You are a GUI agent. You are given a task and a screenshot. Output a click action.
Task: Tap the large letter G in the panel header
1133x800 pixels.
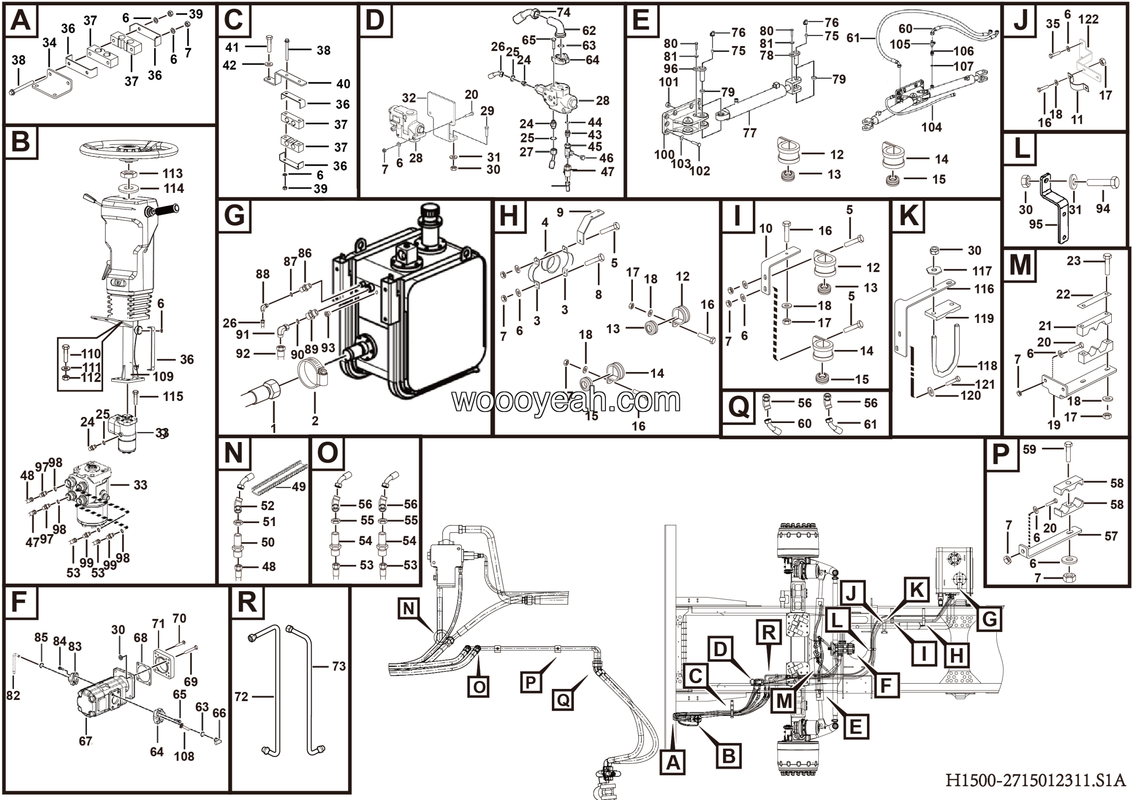click(234, 216)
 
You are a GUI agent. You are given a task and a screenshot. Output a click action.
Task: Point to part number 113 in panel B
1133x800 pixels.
click(173, 173)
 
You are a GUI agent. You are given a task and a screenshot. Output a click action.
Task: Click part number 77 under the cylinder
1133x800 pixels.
click(750, 133)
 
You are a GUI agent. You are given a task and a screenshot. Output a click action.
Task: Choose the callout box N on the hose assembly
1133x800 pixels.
click(408, 609)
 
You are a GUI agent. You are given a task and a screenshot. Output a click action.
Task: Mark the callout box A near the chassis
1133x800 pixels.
click(673, 763)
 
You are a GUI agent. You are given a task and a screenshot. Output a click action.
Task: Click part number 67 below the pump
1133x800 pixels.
click(85, 741)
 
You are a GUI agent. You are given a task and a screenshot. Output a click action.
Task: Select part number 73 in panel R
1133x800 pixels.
click(339, 666)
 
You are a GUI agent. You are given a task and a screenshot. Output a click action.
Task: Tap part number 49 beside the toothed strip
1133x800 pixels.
click(299, 487)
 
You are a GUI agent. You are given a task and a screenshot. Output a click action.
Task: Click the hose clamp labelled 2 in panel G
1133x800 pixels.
click(314, 377)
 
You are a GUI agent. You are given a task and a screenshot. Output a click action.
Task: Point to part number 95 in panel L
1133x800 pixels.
click(1036, 224)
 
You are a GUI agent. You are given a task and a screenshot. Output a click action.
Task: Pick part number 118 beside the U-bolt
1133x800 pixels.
click(987, 365)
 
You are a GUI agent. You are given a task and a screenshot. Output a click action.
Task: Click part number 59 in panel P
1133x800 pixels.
click(1029, 449)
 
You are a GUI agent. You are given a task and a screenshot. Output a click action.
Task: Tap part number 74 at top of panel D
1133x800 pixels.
click(563, 12)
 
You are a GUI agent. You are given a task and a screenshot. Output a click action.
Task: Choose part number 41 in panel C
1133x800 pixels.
click(232, 47)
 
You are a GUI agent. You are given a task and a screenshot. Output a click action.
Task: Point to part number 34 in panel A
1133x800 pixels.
click(49, 43)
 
